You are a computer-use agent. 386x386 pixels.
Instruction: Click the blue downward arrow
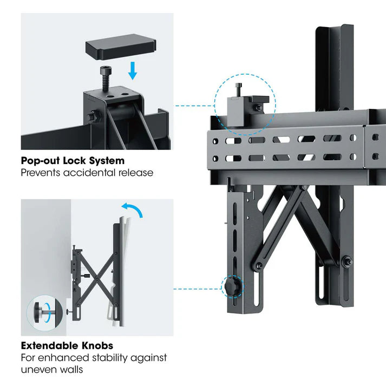[x=133, y=71]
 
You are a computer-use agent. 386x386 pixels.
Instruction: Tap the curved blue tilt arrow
[x=133, y=210]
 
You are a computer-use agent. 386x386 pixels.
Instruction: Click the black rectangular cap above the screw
[x=121, y=47]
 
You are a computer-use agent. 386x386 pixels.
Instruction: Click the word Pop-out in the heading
[x=41, y=160]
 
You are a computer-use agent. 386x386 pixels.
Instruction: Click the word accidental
[x=90, y=173]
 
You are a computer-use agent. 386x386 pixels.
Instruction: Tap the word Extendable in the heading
[x=50, y=345]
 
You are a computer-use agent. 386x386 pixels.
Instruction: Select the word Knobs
[x=97, y=345]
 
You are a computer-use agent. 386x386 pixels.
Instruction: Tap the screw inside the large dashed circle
[x=238, y=90]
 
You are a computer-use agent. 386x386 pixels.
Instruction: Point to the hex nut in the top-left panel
[x=94, y=116]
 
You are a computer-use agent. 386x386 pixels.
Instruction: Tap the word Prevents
[x=41, y=173]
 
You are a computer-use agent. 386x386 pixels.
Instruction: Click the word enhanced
[x=63, y=358]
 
